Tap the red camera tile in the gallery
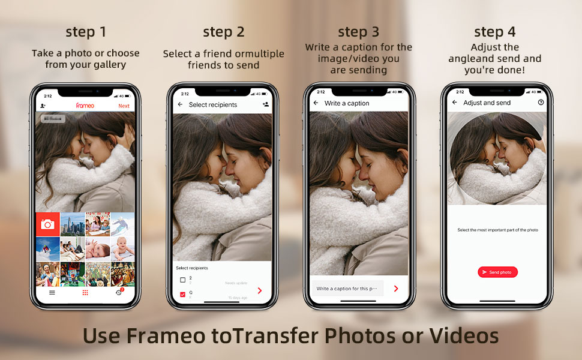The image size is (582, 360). [47, 224]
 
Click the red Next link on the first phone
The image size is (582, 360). [124, 106]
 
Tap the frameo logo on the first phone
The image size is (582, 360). [85, 106]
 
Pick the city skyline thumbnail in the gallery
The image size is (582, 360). [73, 224]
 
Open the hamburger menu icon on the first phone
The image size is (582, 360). [52, 293]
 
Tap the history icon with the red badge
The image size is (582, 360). [118, 293]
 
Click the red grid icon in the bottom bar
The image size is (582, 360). [85, 293]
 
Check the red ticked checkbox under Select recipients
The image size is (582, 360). [183, 295]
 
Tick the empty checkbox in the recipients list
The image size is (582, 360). [183, 280]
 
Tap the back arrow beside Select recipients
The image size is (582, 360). [180, 104]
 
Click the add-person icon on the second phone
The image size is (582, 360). [266, 104]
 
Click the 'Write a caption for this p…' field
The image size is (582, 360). [347, 289]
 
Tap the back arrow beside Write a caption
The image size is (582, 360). [316, 103]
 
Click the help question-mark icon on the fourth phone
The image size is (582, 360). [541, 103]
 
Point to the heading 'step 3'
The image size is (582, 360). [359, 32]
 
